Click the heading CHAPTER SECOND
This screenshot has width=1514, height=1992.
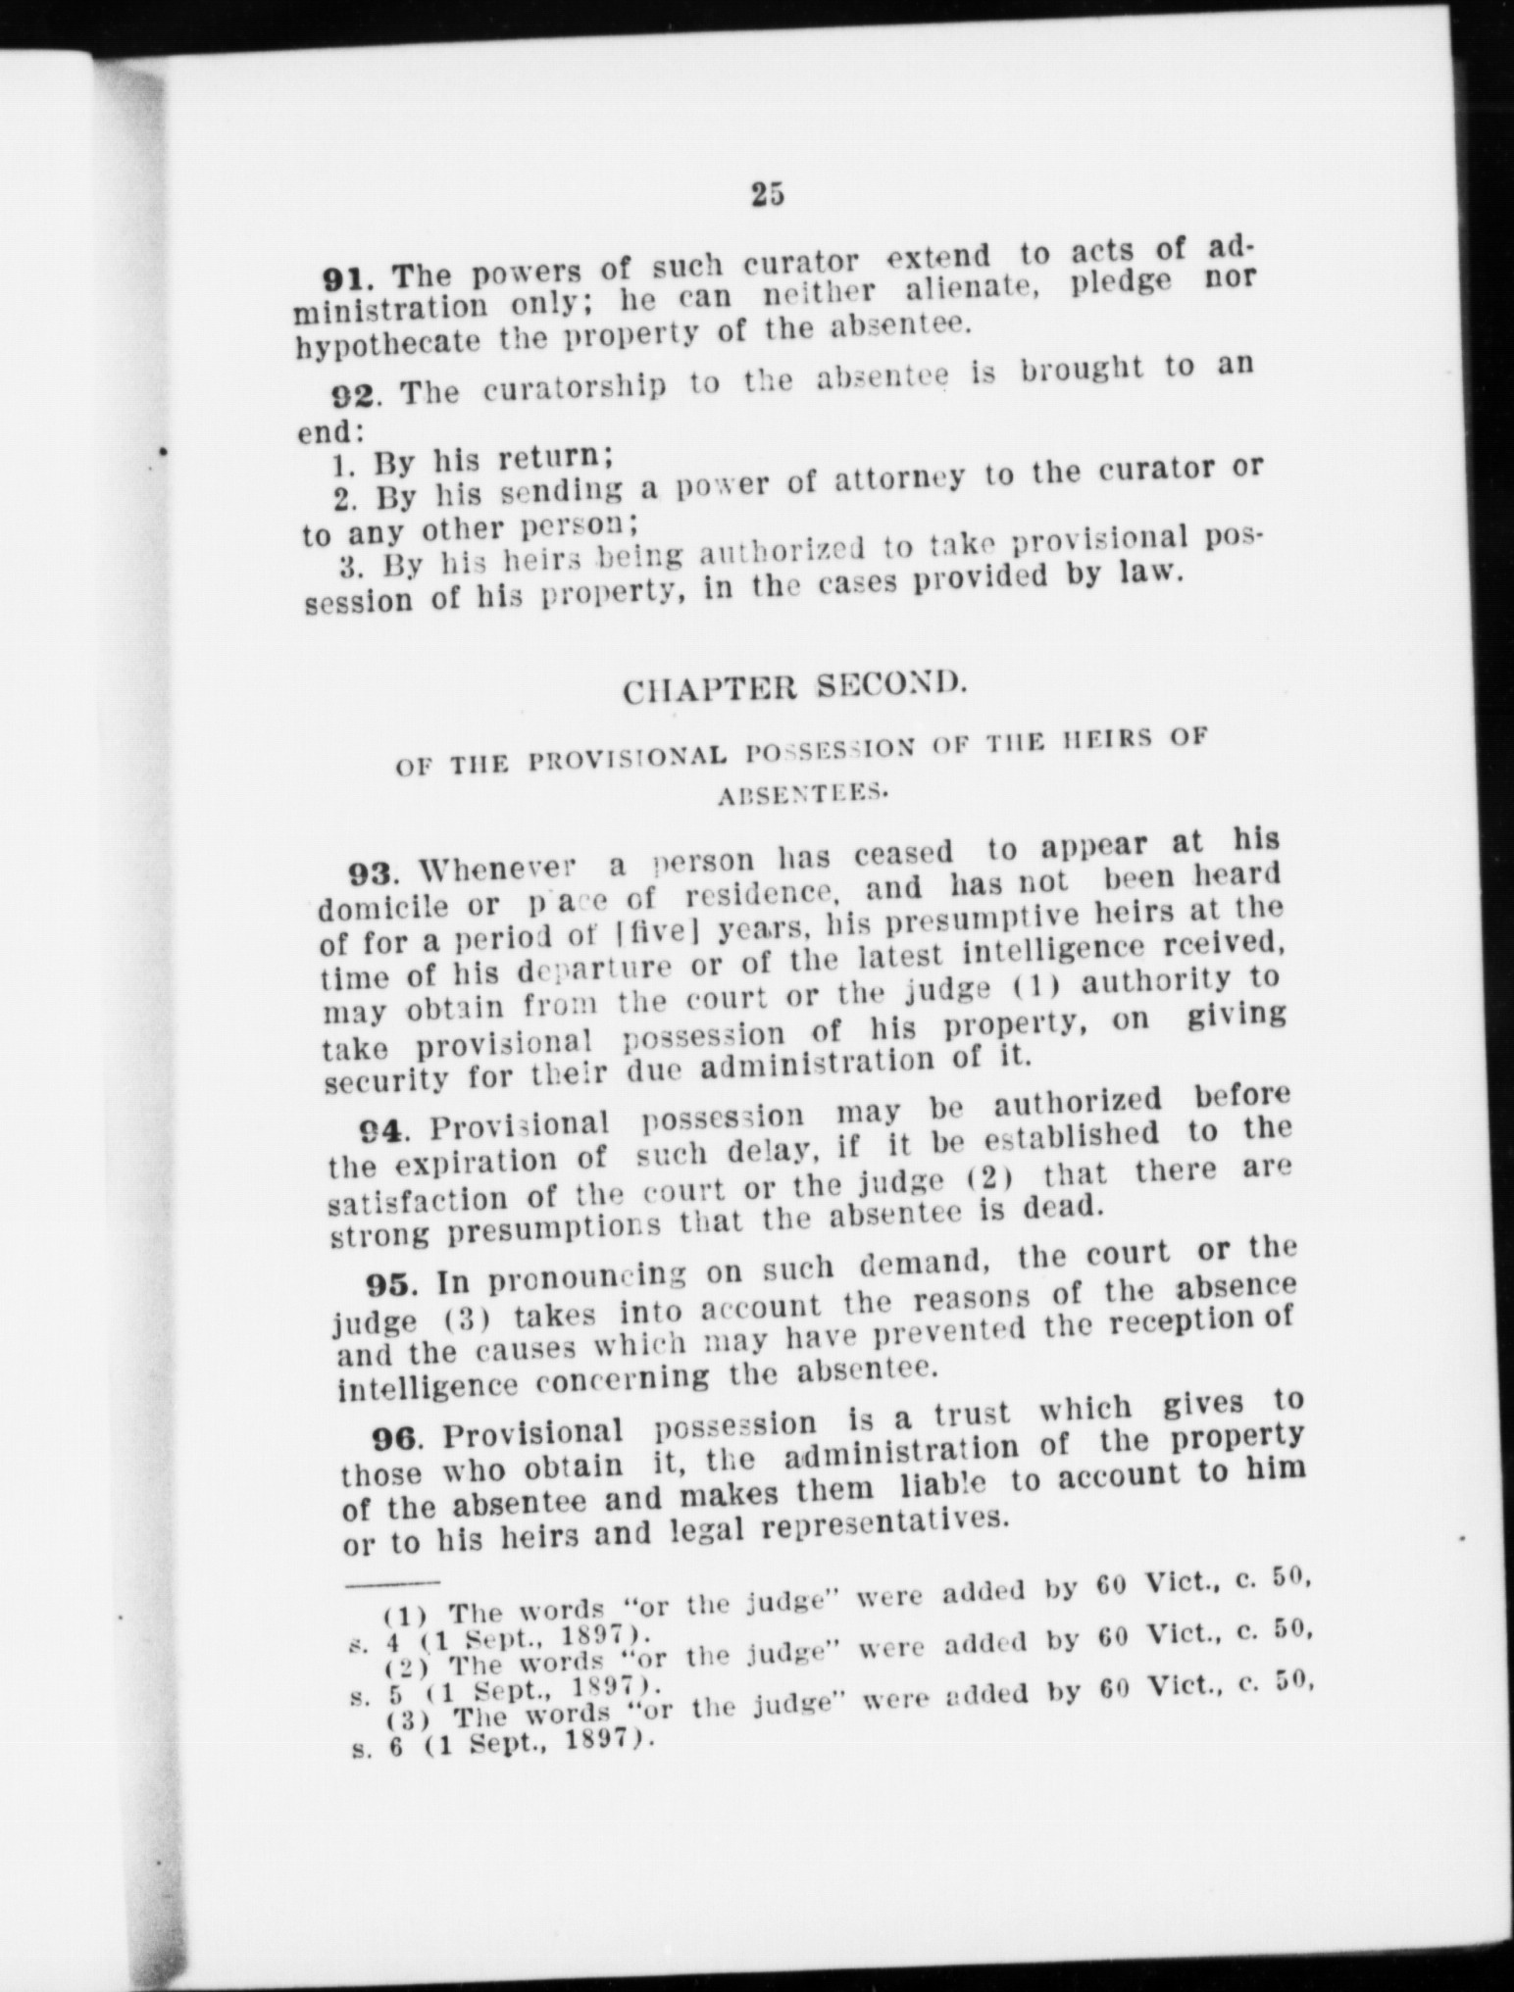tap(795, 687)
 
